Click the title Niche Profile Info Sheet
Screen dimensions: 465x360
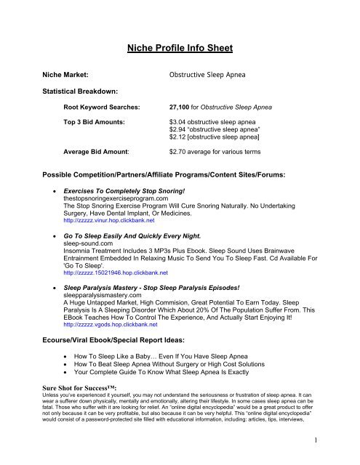[180, 50]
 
